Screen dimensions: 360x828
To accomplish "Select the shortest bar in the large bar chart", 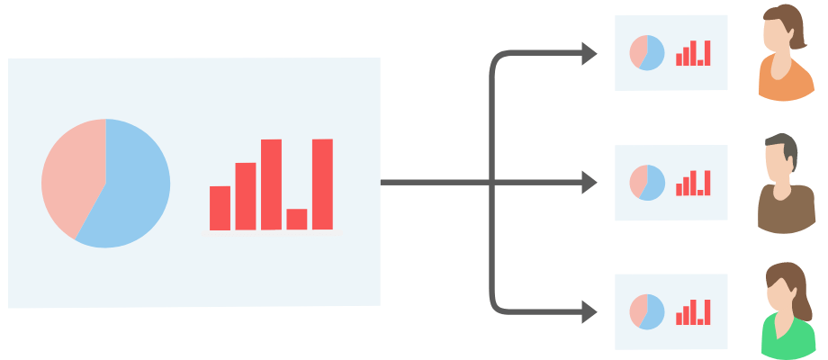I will click(x=296, y=219).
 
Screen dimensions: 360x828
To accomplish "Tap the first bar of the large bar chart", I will click(x=220, y=208).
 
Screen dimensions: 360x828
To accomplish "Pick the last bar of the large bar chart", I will click(x=322, y=184).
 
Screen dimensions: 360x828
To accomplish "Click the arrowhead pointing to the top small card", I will click(x=589, y=54).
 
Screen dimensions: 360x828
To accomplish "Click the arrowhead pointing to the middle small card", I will click(x=589, y=183).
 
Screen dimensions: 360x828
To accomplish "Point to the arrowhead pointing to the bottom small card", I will click(x=589, y=312).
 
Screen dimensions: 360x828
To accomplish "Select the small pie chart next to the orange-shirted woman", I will click(x=647, y=52).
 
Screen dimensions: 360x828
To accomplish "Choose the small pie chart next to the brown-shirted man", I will click(x=647, y=182).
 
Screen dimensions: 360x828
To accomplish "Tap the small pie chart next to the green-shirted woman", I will click(x=647, y=311).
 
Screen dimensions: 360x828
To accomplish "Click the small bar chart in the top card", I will click(x=693, y=54).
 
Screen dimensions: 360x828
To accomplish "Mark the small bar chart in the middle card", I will click(x=693, y=184).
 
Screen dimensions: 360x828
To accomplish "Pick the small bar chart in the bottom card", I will click(x=693, y=313).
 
